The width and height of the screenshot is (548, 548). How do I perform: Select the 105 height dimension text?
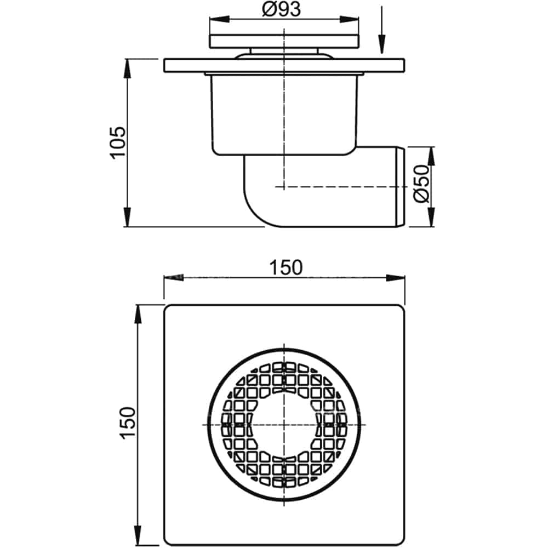click(118, 142)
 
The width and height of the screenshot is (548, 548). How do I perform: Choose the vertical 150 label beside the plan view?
click(127, 422)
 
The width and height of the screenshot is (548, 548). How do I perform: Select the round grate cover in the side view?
click(284, 41)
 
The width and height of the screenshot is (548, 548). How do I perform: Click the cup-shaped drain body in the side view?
click(284, 115)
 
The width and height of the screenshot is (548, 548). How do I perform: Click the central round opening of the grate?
click(284, 425)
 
